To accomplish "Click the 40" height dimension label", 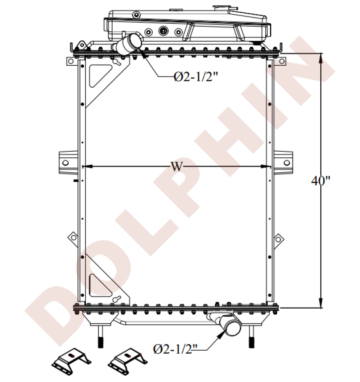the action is click(321, 181).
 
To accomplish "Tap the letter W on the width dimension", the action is click(176, 167).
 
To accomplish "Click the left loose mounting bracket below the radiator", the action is click(71, 361).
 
